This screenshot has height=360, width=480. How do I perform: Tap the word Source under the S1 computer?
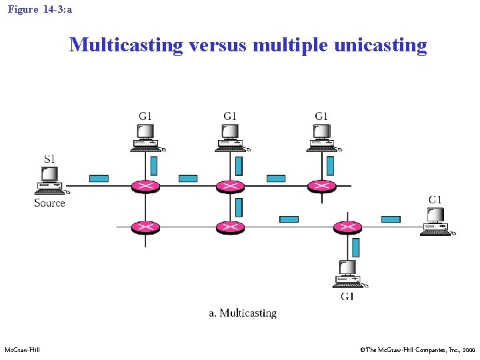coord(50,203)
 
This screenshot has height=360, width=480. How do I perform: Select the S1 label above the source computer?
coord(49,159)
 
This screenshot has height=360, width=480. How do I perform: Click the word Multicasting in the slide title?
coord(126,45)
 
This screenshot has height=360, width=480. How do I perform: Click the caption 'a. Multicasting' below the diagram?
coord(243,313)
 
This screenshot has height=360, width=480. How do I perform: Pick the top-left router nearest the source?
coord(145,185)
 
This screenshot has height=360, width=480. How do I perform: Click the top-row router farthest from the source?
coord(322,185)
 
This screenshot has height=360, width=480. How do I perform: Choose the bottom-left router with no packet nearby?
coord(145,227)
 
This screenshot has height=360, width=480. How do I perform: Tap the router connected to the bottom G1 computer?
coord(347,227)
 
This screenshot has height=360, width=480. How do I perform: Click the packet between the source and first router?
coord(99,178)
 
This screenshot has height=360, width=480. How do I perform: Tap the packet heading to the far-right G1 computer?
coord(391,219)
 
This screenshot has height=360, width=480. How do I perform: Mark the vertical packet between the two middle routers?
coord(239,207)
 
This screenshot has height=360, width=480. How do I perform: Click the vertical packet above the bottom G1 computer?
coord(355,247)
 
